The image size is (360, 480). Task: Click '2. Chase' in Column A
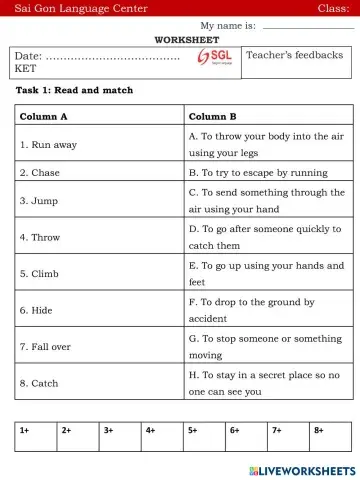(x=40, y=172)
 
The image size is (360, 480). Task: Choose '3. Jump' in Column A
(x=39, y=200)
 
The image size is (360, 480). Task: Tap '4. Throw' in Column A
(x=41, y=237)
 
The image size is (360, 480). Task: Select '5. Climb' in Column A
(x=40, y=274)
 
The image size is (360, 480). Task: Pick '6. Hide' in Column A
(x=38, y=310)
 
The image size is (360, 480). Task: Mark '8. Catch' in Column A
(x=40, y=383)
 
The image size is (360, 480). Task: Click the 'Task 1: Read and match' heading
(x=75, y=90)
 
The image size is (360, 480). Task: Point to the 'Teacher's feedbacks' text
(x=294, y=55)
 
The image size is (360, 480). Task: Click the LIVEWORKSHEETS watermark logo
(x=299, y=470)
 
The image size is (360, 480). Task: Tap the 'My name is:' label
(x=227, y=24)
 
